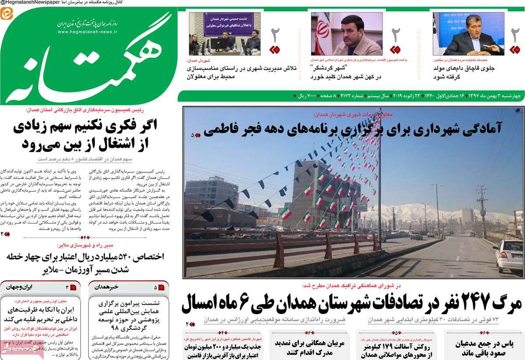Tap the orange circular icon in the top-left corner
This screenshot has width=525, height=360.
tap(7, 14)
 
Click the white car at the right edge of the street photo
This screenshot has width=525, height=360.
tap(509, 255)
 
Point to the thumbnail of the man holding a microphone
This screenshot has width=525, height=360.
tap(468, 34)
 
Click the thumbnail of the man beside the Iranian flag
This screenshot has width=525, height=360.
tap(346, 34)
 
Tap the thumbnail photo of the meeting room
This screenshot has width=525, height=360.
tap(224, 34)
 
